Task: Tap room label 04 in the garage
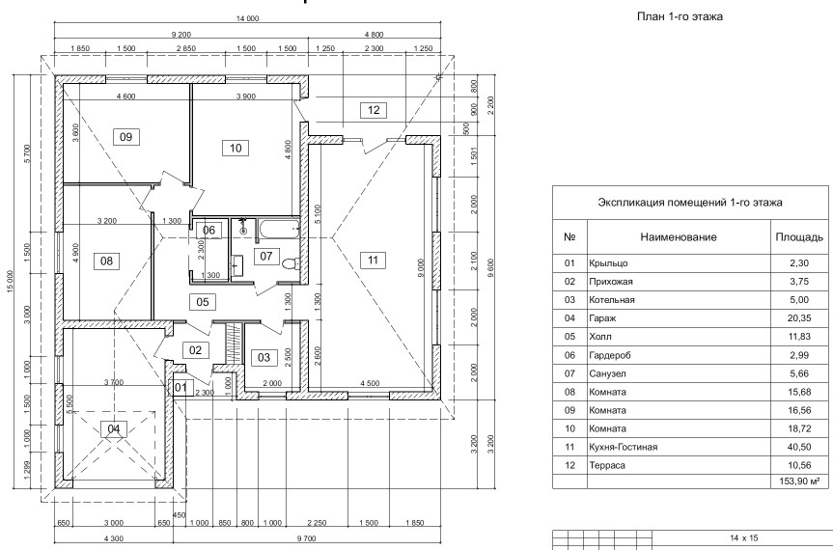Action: pyautogui.click(x=115, y=428)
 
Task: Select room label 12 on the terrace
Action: pyautogui.click(x=374, y=109)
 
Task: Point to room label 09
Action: pyautogui.click(x=125, y=137)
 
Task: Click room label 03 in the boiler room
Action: pyautogui.click(x=262, y=357)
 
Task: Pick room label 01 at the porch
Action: pyautogui.click(x=180, y=388)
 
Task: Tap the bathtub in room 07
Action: pyautogui.click(x=276, y=230)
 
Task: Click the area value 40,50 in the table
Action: pyautogui.click(x=798, y=446)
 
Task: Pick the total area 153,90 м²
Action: pyautogui.click(x=797, y=480)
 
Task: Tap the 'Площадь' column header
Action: pyautogui.click(x=798, y=236)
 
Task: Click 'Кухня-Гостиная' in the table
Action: pyautogui.click(x=623, y=446)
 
